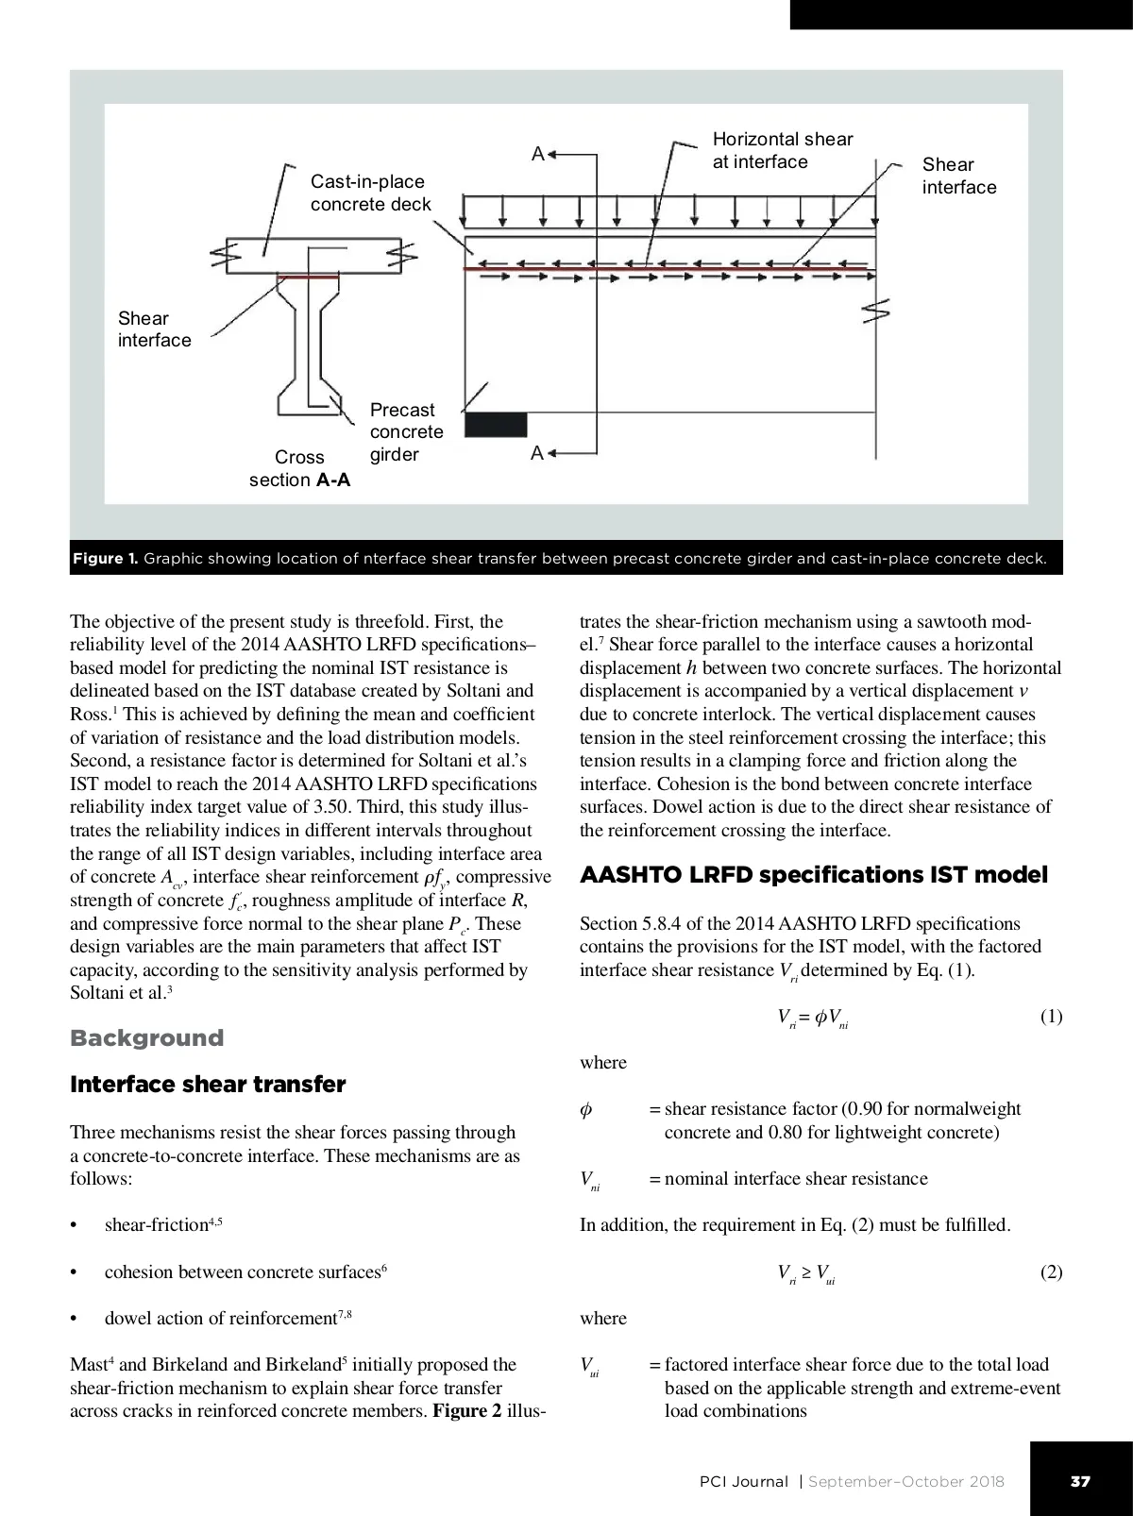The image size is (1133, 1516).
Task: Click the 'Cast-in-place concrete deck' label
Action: [370, 193]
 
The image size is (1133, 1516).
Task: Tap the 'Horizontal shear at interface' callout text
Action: [782, 150]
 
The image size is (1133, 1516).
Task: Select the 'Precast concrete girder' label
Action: [406, 432]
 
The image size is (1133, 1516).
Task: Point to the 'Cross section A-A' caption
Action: [299, 468]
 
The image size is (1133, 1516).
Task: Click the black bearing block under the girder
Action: [496, 425]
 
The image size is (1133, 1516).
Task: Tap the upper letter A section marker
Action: [538, 154]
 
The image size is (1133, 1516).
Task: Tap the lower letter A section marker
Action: [537, 454]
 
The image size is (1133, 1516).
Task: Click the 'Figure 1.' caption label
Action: [105, 559]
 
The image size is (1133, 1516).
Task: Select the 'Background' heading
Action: [146, 1038]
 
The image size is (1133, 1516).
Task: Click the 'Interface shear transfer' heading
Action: [208, 1085]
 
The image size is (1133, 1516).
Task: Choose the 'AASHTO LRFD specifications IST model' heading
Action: [813, 875]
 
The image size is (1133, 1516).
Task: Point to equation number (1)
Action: [1051, 1017]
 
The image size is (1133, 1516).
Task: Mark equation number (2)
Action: [1051, 1272]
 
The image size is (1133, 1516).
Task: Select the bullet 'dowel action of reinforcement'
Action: [227, 1319]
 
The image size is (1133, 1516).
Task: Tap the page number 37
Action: [1080, 1481]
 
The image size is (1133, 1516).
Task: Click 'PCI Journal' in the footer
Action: [743, 1481]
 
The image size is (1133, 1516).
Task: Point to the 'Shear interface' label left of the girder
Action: [154, 329]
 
